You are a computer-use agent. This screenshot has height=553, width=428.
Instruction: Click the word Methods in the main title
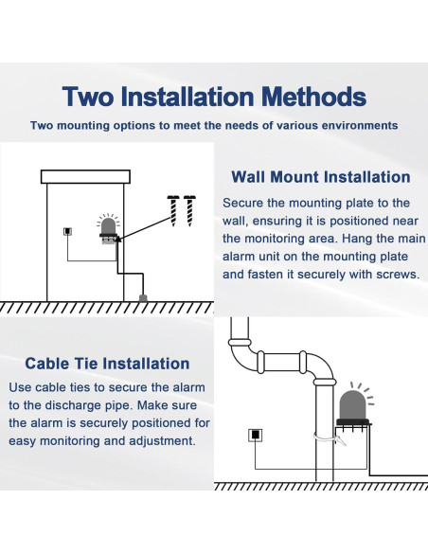tap(314, 97)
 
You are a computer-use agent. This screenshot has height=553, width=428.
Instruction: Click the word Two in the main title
tap(88, 97)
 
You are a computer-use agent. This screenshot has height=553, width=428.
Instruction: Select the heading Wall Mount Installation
tap(321, 177)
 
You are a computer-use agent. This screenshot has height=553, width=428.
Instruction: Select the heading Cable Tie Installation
tap(107, 364)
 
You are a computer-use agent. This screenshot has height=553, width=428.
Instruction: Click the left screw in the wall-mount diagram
tap(173, 210)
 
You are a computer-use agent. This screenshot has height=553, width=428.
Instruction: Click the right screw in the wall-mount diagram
tap(189, 210)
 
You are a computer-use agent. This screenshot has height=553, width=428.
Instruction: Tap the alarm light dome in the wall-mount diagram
tap(108, 225)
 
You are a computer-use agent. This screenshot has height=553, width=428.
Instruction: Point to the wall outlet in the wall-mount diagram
tap(67, 231)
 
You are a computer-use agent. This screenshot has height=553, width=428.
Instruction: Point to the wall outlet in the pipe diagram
tap(256, 435)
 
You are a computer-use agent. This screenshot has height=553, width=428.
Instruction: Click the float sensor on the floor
tap(143, 298)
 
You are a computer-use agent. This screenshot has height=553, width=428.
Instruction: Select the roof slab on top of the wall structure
tap(85, 177)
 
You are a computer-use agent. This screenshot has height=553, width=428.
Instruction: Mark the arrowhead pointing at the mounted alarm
tap(118, 239)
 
